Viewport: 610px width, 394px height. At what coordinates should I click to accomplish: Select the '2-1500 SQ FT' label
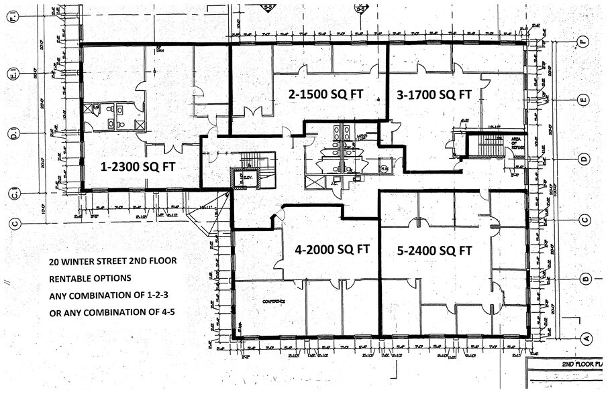point(325,94)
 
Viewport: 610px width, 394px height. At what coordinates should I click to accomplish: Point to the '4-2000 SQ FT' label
point(332,249)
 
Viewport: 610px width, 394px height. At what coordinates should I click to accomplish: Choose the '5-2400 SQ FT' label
point(434,251)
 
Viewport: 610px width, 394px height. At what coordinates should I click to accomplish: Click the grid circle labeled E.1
point(13,73)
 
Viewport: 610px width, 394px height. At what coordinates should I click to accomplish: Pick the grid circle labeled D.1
point(13,132)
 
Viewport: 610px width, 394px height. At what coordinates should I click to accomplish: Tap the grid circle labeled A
point(585,338)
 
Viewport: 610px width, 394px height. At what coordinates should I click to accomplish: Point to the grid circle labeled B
point(585,279)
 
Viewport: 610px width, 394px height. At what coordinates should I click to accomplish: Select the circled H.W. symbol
point(384,168)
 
